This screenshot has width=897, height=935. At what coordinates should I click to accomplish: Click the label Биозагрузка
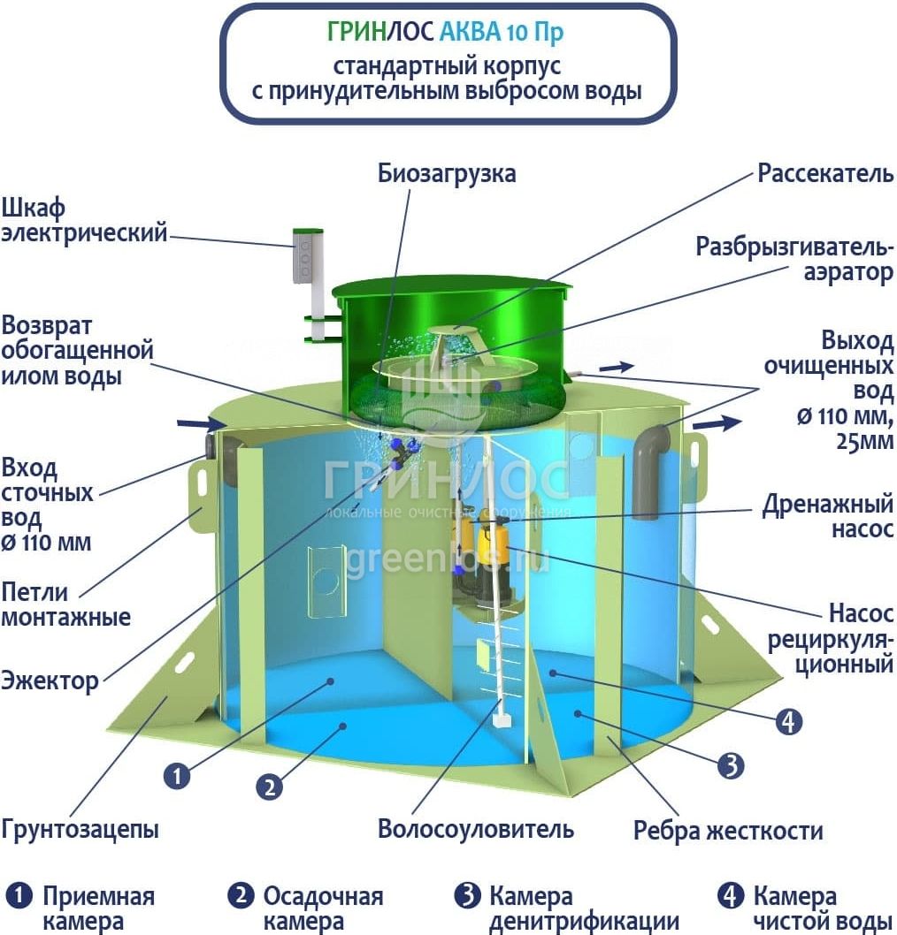447,173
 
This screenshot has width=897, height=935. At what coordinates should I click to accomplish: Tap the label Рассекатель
825,173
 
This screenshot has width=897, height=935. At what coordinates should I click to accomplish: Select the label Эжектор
50,681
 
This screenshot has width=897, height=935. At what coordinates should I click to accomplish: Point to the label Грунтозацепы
80,830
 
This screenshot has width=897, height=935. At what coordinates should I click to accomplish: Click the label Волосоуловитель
476,829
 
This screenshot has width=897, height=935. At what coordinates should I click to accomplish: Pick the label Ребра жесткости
728,831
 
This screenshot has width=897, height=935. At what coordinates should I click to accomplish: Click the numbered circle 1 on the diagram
177,776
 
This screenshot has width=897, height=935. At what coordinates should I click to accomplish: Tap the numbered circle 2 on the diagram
270,785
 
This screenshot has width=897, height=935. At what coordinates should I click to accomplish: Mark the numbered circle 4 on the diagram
788,722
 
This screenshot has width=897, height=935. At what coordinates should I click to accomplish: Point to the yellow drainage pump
492,542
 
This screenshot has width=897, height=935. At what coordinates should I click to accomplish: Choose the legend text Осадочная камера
323,908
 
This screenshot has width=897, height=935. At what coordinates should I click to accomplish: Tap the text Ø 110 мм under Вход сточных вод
46,542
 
